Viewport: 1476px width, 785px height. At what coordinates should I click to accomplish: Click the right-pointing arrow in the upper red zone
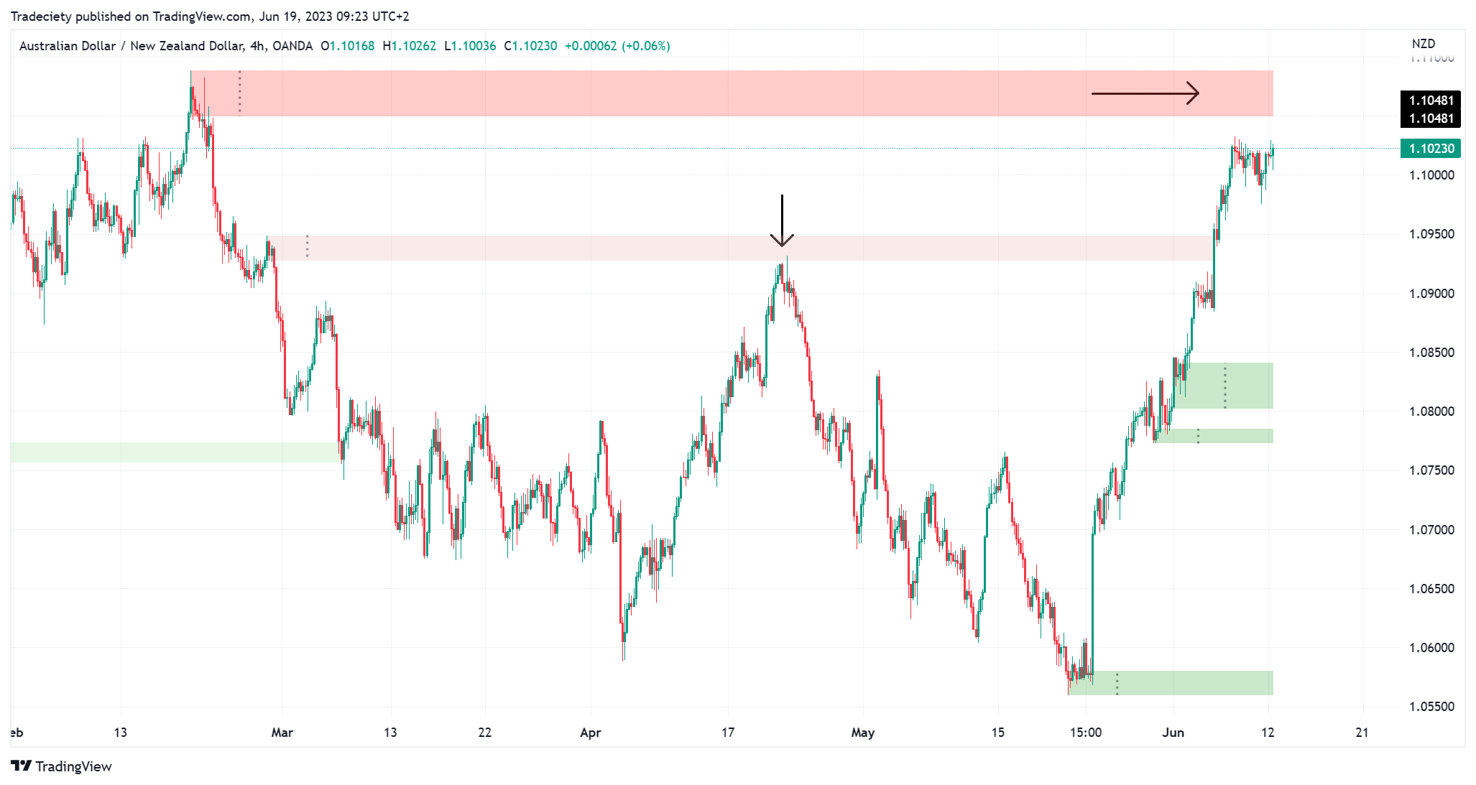coord(1145,93)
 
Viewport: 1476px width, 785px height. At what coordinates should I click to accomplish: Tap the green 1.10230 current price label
coord(1431,149)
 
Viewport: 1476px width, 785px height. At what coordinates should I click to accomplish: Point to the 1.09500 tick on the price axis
coord(1431,234)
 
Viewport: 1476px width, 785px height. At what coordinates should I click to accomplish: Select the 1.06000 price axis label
coord(1431,648)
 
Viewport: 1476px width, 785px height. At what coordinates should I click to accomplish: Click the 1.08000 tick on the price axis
coord(1431,412)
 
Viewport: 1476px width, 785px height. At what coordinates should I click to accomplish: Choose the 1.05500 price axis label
coord(1431,707)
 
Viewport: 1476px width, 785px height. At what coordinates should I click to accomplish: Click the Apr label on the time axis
coord(590,733)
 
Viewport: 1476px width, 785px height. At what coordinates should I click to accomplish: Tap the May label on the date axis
coord(862,733)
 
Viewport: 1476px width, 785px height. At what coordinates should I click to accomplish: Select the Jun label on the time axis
coord(1173,733)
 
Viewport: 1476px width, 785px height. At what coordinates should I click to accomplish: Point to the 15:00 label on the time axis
coord(1085,733)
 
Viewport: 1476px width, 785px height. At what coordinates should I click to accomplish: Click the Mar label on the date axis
coord(282,733)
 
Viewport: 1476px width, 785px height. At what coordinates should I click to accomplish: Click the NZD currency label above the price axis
coord(1423,44)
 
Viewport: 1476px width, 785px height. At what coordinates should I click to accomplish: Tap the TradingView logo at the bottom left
coord(62,766)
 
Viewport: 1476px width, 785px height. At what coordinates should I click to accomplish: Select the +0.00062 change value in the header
coord(591,46)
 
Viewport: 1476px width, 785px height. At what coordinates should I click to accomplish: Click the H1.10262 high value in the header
coord(409,46)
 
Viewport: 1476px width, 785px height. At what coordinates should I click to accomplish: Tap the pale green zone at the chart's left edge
coord(172,452)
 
